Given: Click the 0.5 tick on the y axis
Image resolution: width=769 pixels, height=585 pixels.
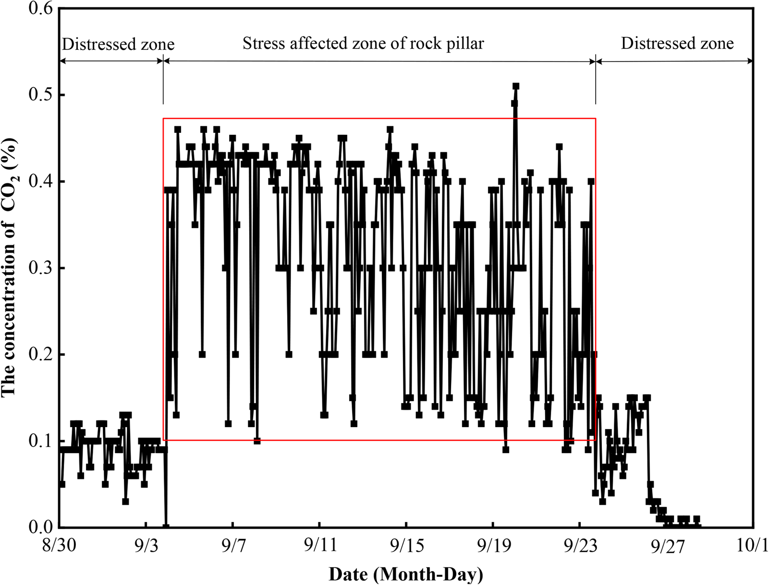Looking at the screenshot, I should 42,95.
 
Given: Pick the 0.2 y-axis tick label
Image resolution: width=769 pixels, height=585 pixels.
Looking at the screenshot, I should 42,355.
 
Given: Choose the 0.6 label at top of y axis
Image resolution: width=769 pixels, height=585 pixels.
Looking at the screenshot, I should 42,9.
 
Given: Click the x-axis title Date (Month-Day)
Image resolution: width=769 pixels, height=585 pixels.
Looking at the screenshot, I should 405,574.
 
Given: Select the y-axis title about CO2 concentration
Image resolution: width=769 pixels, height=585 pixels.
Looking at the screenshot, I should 9,267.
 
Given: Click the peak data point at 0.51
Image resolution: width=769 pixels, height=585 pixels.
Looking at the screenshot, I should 516,86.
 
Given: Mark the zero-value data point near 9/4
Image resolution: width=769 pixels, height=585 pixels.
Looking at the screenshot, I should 166,527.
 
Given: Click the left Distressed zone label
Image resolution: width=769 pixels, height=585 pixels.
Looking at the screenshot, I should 118,45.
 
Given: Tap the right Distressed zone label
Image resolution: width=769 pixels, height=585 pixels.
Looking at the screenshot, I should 677,44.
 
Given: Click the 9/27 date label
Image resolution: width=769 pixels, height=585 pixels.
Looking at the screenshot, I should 667,547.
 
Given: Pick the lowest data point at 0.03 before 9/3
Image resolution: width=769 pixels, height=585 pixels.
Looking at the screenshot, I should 126,501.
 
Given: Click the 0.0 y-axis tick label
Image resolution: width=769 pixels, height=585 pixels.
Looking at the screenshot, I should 42,527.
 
